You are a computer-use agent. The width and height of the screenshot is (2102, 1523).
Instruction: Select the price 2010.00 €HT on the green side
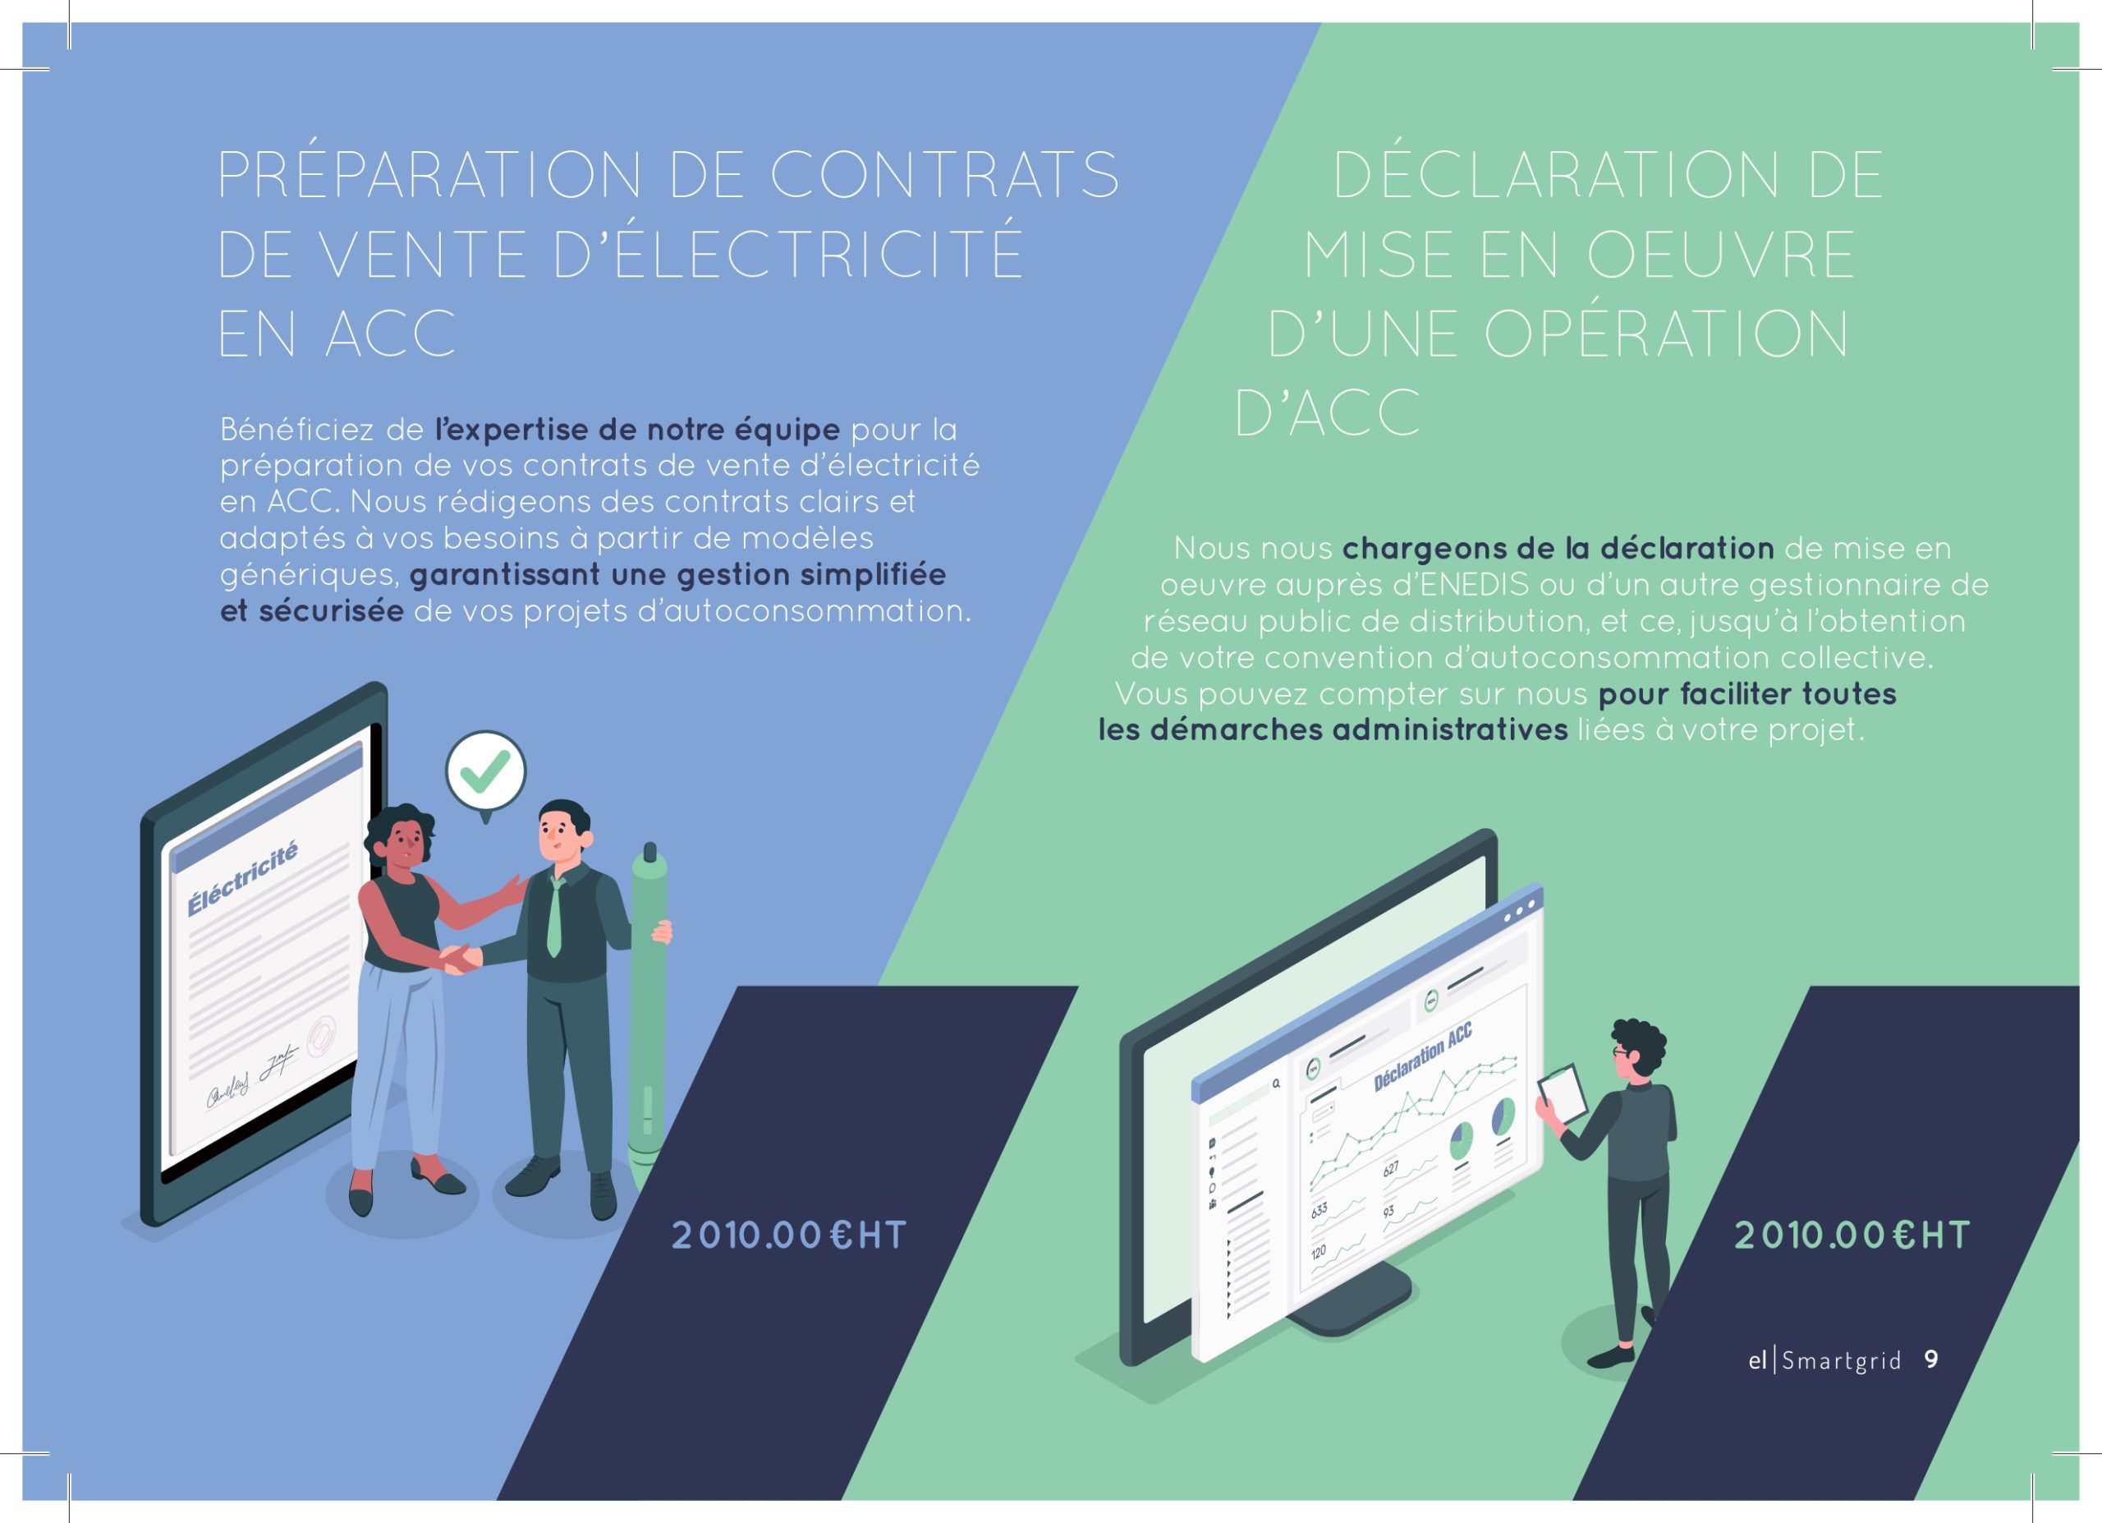pyautogui.click(x=1852, y=1235)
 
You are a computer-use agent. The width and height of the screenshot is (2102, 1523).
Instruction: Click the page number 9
pyautogui.click(x=1930, y=1360)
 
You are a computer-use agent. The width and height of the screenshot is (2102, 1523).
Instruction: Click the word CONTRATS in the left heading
pyautogui.click(x=944, y=175)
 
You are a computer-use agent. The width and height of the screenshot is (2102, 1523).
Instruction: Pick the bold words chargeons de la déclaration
pyautogui.click(x=1558, y=549)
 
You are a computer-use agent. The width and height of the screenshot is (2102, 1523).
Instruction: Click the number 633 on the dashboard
pyautogui.click(x=1319, y=1210)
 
